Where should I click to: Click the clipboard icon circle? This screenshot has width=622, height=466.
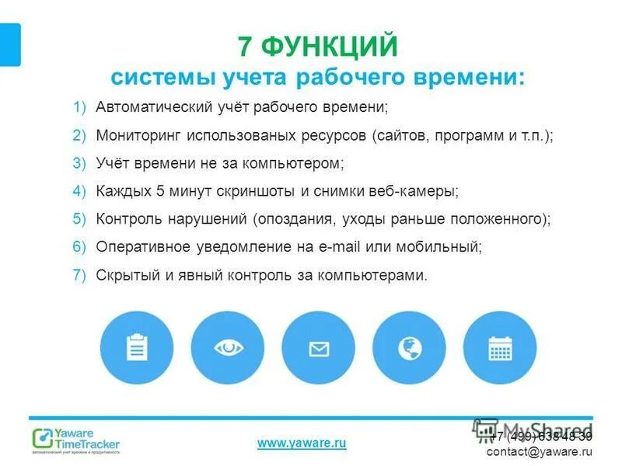(x=137, y=349)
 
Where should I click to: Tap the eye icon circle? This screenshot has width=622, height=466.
(x=227, y=349)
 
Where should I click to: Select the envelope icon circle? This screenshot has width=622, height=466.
(x=318, y=349)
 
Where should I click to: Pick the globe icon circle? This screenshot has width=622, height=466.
(x=409, y=349)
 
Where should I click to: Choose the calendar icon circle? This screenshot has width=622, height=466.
(x=499, y=349)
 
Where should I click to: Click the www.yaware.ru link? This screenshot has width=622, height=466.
(x=302, y=443)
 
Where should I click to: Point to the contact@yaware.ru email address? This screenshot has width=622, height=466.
(x=540, y=451)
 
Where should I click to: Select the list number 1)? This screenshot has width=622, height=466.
(x=81, y=106)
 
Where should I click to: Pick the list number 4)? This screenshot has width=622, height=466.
(x=81, y=191)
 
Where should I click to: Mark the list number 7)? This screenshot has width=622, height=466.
(x=81, y=275)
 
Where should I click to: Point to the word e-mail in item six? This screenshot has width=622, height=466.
(x=337, y=247)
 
